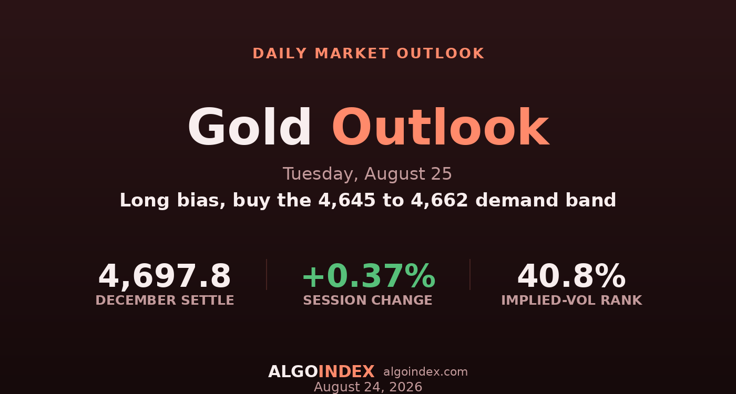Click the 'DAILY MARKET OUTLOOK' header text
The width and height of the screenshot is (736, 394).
pos(369,54)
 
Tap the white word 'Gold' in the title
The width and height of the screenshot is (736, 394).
pos(249,127)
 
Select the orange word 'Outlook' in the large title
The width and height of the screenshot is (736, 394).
pos(441,127)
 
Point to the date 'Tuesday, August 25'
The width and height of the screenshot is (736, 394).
pos(367,174)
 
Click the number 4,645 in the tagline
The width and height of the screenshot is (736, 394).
pos(347,200)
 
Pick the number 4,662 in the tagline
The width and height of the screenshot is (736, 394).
pos(439,200)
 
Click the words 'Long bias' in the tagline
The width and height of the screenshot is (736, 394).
pos(172,201)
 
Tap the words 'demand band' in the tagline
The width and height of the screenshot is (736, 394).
pos(546,200)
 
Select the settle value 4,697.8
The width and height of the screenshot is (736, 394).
pos(165,276)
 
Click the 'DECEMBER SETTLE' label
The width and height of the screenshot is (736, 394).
pos(165,300)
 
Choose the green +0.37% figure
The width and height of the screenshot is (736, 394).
pos(369,276)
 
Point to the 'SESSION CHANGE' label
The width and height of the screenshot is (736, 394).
pos(367,300)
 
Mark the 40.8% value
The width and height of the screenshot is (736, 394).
pos(572,276)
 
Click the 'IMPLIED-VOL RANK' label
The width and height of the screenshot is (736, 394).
pos(572,300)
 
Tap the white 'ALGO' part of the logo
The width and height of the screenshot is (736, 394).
pos(293,372)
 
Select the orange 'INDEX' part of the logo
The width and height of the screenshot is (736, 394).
pos(346,372)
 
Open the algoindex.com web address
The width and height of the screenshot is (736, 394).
pos(425,372)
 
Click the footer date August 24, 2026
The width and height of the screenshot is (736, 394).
pos(368,387)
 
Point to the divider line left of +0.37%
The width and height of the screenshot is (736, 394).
pos(267,274)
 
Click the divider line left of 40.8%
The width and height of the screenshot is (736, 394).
pos(470,274)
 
